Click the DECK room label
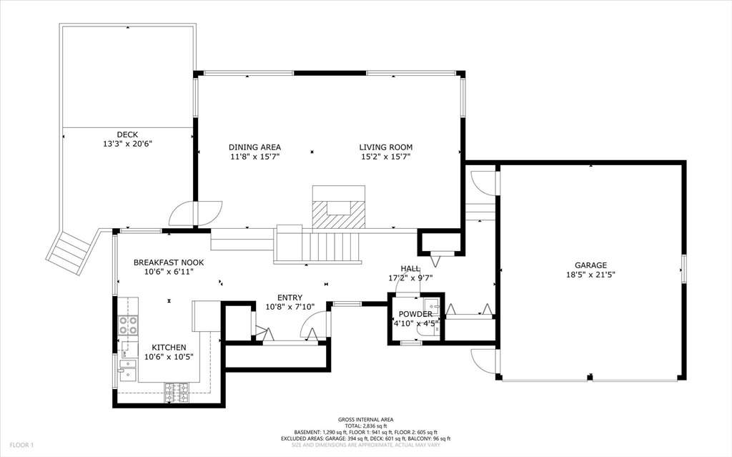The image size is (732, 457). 127,134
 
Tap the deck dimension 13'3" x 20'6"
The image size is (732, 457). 127,144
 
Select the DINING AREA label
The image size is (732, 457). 255,147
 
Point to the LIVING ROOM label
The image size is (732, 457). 385,147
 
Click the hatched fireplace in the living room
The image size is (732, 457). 338,215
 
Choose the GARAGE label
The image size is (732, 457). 590,265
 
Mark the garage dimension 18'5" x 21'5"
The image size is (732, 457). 590,275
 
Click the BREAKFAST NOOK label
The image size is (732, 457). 169,262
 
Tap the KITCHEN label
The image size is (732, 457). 169,348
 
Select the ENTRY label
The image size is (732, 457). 290,298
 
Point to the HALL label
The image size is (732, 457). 410,269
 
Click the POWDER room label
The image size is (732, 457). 415,314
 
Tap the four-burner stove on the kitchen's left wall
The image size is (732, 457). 128,325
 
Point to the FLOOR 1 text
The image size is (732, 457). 21,446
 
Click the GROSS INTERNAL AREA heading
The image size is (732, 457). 365,420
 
